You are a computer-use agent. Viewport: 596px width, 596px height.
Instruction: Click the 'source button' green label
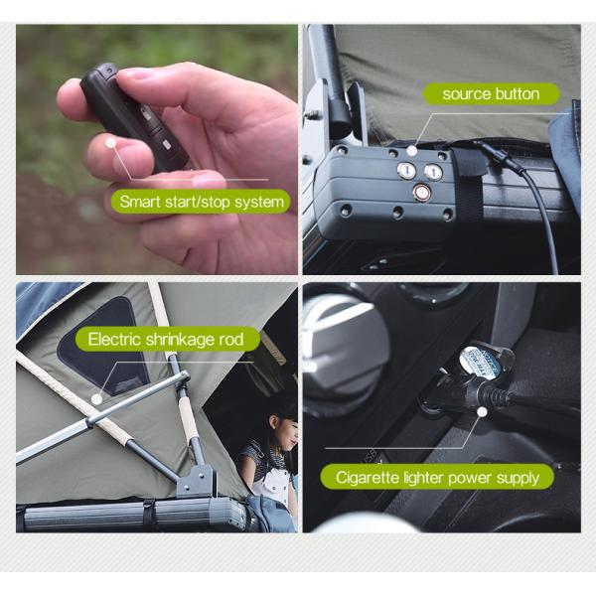point(491,94)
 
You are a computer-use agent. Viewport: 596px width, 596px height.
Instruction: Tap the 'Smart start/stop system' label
point(202,202)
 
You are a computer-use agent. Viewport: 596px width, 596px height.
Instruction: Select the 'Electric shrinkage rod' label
point(165,340)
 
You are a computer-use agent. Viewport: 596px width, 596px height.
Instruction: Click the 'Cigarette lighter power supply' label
point(437,478)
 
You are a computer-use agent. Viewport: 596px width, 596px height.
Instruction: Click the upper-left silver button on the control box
point(407,172)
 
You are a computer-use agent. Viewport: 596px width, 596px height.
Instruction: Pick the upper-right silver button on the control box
point(433,172)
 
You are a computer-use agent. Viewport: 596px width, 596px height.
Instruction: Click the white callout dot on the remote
point(112,144)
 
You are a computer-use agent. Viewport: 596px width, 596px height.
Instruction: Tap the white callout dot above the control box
point(410,147)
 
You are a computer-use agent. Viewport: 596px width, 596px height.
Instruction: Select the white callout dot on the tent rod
point(96,399)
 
